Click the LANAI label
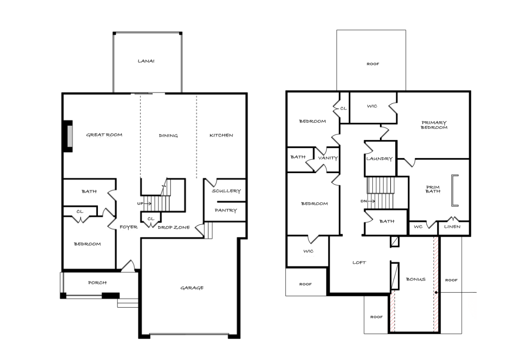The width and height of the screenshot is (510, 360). [146, 61]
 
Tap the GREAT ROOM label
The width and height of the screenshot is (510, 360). [104, 135]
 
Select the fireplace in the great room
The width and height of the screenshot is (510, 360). [68, 136]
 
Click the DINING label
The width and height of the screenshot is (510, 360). [168, 135]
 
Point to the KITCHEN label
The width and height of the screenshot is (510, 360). [221, 135]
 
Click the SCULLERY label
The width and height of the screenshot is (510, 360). [226, 191]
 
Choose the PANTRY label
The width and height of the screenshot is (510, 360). [226, 210]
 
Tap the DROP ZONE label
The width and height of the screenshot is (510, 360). [174, 227]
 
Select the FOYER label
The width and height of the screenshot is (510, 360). [128, 227]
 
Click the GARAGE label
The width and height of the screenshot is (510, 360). [192, 288]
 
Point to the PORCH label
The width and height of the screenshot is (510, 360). [97, 283]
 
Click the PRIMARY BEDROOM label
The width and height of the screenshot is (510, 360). [434, 125]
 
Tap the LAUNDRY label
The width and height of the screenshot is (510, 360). [379, 159]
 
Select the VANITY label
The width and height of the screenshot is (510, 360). [328, 158]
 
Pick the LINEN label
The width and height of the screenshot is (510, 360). [452, 226]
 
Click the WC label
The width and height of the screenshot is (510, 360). [418, 226]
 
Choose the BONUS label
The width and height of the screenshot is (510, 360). [416, 279]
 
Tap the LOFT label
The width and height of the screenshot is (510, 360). [359, 262]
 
